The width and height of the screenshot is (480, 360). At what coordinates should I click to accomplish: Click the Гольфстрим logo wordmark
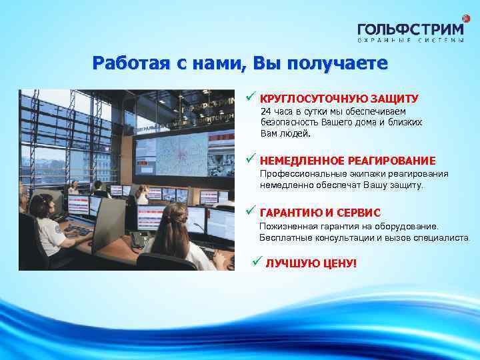click(x=410, y=29)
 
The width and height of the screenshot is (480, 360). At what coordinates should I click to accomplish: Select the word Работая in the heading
click(x=131, y=63)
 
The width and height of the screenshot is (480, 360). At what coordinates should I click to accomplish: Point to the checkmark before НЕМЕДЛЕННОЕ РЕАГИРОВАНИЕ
click(x=250, y=159)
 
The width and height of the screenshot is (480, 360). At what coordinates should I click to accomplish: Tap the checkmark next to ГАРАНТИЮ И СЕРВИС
click(x=250, y=211)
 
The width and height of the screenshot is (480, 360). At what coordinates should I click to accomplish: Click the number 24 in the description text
click(x=265, y=111)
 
